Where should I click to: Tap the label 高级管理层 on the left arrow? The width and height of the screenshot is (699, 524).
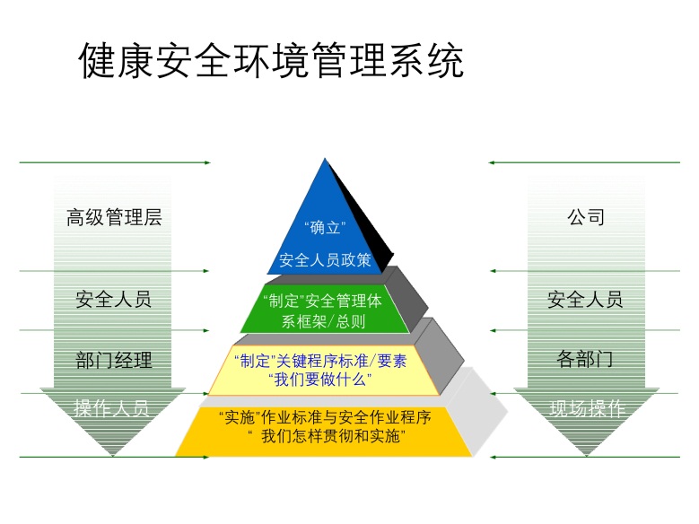(114, 217)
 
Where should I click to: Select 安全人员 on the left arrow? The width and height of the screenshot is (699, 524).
(114, 300)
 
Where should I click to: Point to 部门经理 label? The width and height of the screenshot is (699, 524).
(114, 361)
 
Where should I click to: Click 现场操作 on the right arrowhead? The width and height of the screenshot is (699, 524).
(587, 409)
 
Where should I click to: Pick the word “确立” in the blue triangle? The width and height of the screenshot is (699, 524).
(325, 226)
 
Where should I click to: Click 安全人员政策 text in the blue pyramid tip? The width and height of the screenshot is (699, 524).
(325, 260)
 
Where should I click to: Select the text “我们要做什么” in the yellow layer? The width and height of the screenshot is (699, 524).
(320, 380)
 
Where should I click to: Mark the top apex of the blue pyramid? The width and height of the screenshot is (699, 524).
(326, 161)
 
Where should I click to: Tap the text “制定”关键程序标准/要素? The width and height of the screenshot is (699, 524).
(319, 361)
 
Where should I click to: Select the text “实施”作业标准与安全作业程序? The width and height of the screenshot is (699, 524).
(325, 418)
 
